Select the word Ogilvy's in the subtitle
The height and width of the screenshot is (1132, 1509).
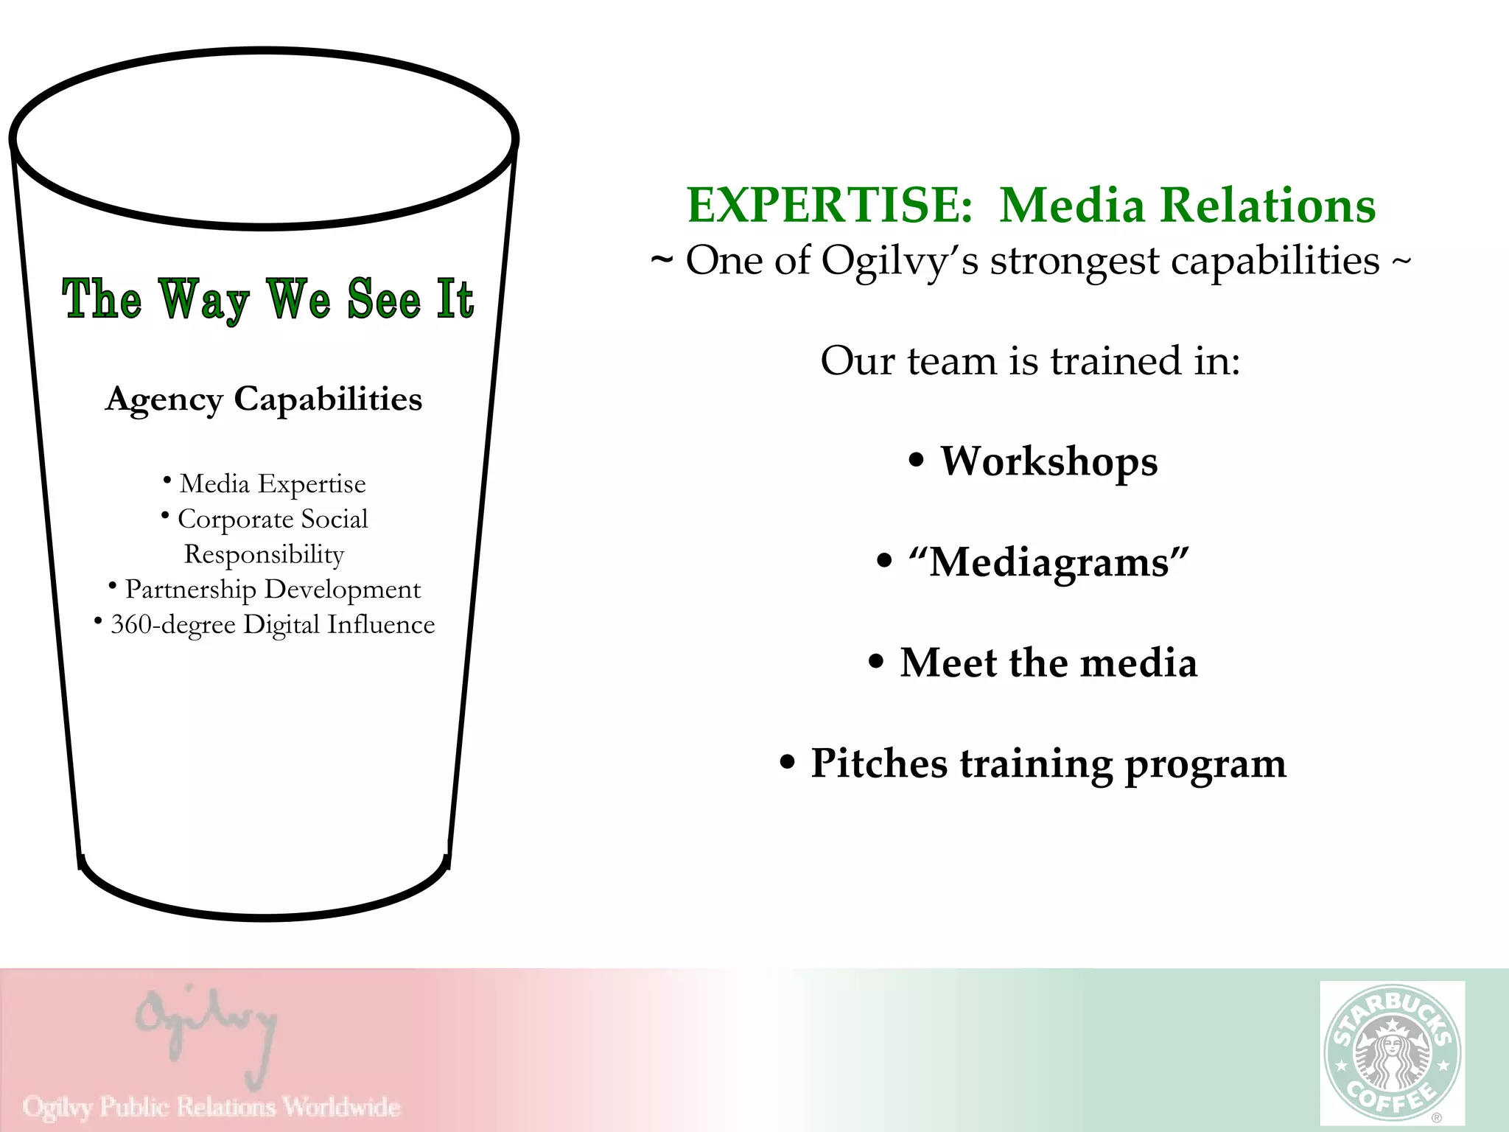[900, 262]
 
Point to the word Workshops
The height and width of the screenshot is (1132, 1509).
[1048, 462]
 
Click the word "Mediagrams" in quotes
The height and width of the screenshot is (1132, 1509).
[1048, 563]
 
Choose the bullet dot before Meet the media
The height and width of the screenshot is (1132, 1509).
[875, 662]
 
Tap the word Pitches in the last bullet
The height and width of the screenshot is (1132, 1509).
[878, 764]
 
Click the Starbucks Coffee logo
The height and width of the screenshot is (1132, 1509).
[1392, 1053]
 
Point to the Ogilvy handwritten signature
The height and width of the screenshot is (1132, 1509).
[207, 1032]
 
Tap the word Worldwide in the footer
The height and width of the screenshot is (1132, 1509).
[342, 1106]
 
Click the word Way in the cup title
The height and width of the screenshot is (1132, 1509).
[204, 301]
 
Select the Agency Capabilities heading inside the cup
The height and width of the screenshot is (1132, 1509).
[264, 399]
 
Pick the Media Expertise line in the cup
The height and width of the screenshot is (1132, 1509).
[272, 484]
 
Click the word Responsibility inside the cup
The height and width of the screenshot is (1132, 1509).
[264, 554]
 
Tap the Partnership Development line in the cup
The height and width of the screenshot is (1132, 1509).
[272, 590]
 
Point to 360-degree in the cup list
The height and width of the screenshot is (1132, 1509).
[173, 625]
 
